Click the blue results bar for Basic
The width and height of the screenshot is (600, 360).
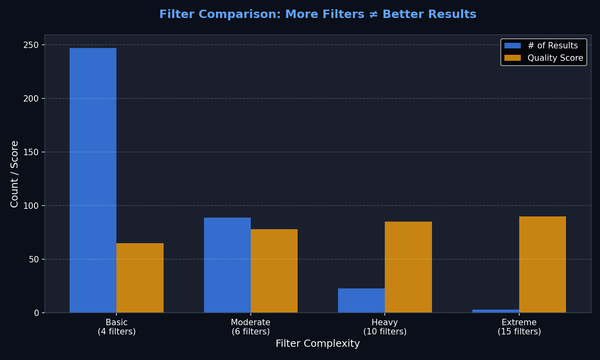[x=93, y=180]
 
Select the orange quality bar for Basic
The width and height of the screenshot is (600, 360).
[x=140, y=278]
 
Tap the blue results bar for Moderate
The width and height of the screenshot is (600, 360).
[x=227, y=265]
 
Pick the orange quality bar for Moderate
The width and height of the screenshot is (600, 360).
[x=274, y=271]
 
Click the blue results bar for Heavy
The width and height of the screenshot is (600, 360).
[x=361, y=300]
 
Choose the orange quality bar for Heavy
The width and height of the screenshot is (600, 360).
[x=408, y=267]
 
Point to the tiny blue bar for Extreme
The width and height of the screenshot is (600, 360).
[x=496, y=311]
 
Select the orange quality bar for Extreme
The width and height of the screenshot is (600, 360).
[x=542, y=264]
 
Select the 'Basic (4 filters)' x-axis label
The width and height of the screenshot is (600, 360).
[x=116, y=327]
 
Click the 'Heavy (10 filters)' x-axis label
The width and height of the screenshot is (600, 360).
[x=385, y=327]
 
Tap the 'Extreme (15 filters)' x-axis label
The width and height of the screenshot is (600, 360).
[x=519, y=327]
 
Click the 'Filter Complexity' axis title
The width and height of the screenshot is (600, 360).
[x=318, y=344]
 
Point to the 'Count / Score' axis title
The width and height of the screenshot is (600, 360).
[x=14, y=174]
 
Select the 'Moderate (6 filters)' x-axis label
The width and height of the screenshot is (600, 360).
[x=251, y=327]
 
